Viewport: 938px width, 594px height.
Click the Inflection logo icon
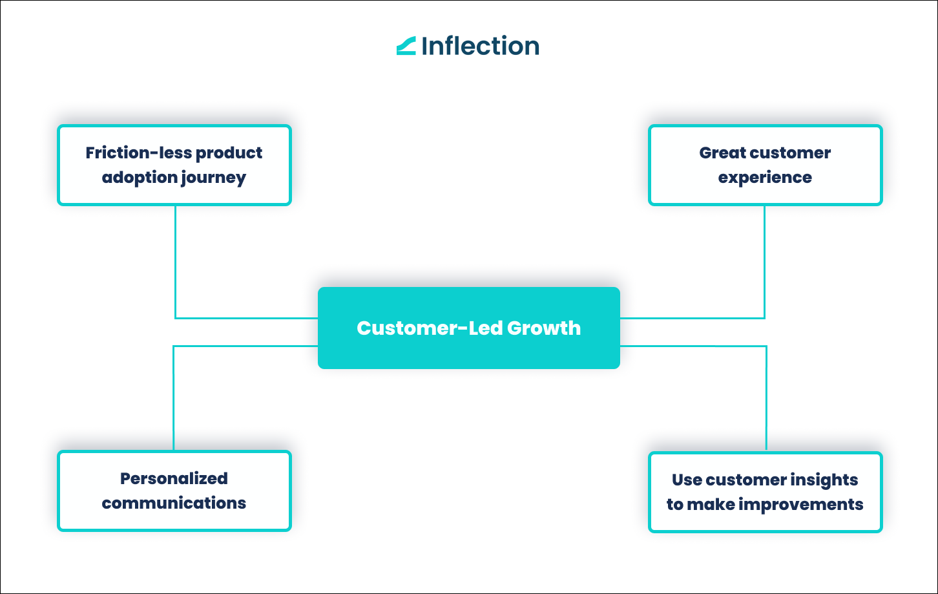tap(406, 46)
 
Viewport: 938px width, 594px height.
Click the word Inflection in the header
tap(480, 46)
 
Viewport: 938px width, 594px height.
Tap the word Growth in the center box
tap(544, 328)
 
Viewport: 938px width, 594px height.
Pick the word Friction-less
tap(138, 153)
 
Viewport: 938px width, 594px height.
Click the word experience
tap(765, 178)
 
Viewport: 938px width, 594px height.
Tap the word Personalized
tap(174, 479)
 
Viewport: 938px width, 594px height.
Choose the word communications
tap(174, 504)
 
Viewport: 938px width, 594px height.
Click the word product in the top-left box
tap(229, 153)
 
